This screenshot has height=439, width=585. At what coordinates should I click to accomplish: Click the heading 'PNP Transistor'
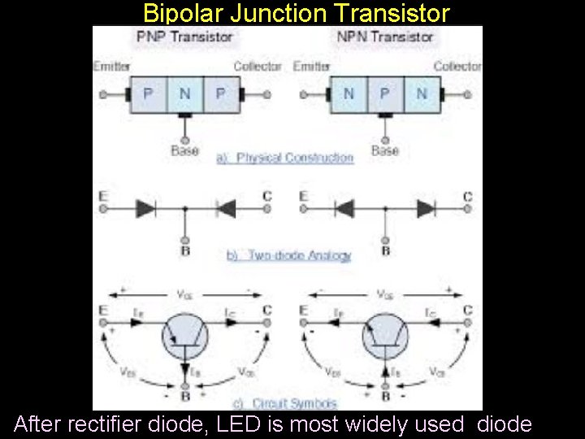(185, 37)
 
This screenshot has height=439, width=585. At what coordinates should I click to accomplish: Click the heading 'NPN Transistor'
(384, 37)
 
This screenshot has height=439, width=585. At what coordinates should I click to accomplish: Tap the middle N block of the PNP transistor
(185, 94)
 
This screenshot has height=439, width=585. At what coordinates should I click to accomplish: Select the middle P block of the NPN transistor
(384, 94)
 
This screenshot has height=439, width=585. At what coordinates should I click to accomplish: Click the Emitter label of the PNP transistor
(111, 67)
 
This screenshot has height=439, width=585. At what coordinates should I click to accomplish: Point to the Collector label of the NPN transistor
(457, 67)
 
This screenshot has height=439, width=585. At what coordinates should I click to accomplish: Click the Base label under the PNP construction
(185, 150)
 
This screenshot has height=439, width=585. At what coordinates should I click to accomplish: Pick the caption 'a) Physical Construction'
(285, 158)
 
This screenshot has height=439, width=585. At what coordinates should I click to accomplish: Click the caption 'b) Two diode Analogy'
(288, 255)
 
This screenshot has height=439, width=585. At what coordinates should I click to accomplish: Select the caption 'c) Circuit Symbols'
(284, 403)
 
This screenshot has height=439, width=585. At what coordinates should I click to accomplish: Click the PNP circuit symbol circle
(186, 336)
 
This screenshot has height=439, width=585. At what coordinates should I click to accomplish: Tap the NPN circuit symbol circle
(385, 336)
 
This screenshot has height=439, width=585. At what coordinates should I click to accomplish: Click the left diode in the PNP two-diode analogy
(146, 209)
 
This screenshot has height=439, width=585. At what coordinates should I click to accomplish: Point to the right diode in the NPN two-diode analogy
(425, 209)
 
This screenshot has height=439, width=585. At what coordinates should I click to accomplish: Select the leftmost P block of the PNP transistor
(148, 94)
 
